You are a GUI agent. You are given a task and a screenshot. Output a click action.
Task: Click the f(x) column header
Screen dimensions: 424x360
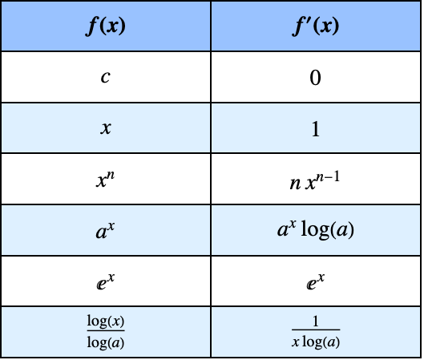pos(106,26)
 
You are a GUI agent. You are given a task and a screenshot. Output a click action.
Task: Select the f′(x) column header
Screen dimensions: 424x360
pos(315,26)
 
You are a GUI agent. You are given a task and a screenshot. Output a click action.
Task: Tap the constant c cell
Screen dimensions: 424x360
pos(106,77)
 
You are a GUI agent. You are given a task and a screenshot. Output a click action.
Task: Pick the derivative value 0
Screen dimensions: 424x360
pos(315,78)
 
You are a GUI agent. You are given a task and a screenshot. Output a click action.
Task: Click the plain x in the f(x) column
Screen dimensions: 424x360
pos(106,127)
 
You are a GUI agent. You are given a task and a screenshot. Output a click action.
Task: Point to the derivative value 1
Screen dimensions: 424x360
pos(316,129)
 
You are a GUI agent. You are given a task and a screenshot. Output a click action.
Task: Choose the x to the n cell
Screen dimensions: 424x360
pos(106,179)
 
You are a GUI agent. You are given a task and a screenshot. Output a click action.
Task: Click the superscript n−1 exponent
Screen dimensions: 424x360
pos(327,177)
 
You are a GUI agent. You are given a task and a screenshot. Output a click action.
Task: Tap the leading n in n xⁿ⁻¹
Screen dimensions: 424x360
pos(295,184)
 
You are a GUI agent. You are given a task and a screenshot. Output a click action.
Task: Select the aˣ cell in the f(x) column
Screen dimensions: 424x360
pos(106,230)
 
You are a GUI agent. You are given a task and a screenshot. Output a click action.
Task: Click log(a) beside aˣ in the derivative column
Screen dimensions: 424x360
pos(328,230)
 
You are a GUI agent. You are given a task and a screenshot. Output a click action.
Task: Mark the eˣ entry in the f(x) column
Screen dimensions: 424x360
pos(106,281)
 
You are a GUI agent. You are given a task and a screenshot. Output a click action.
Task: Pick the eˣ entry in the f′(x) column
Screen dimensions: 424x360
pos(315,281)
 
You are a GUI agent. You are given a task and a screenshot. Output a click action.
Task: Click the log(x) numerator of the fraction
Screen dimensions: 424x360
pos(106,322)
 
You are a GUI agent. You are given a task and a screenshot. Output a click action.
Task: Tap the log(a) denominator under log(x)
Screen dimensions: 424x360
pos(106,343)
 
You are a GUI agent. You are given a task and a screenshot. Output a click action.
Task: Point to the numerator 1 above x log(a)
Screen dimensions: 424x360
pos(316,322)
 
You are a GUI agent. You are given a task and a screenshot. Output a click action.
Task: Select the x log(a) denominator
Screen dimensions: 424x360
pos(316,342)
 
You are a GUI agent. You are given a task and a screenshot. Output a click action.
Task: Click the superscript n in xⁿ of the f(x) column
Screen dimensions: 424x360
pos(111,176)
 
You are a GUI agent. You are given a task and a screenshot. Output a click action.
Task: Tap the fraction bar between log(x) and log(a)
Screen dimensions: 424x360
pos(106,330)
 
